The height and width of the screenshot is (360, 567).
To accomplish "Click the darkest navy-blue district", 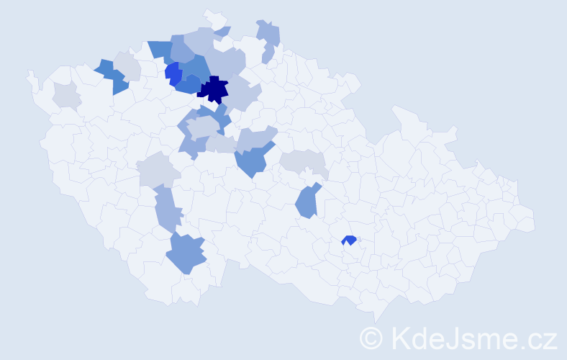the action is [214, 90].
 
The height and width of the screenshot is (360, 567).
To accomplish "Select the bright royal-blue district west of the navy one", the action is [173, 73].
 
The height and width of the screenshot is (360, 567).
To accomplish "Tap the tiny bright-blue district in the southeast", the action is [350, 240].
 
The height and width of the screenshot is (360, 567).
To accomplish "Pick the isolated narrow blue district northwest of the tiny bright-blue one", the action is [307, 202].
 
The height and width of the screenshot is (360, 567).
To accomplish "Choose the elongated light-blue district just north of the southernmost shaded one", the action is [166, 209].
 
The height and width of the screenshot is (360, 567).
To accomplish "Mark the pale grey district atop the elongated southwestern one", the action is [158, 171].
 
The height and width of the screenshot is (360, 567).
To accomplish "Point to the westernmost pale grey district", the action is [66, 94].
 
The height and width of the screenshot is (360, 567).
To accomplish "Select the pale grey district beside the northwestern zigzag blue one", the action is [127, 65].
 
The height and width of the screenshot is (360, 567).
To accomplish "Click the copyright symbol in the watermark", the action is [371, 337].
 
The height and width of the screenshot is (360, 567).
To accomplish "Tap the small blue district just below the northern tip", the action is [223, 32].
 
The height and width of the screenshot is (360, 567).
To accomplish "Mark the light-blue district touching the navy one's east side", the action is [242, 94].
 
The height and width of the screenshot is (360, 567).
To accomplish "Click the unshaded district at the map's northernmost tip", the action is [213, 17].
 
